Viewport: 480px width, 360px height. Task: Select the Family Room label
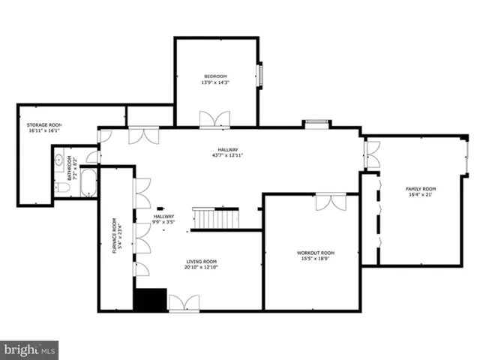point(421,189)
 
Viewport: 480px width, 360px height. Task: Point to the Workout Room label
point(315,253)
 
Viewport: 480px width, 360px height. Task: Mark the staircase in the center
point(216,219)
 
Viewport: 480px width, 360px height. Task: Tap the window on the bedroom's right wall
point(260,76)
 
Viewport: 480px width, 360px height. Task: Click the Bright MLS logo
point(29,349)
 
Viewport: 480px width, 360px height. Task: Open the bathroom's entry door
point(91,157)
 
